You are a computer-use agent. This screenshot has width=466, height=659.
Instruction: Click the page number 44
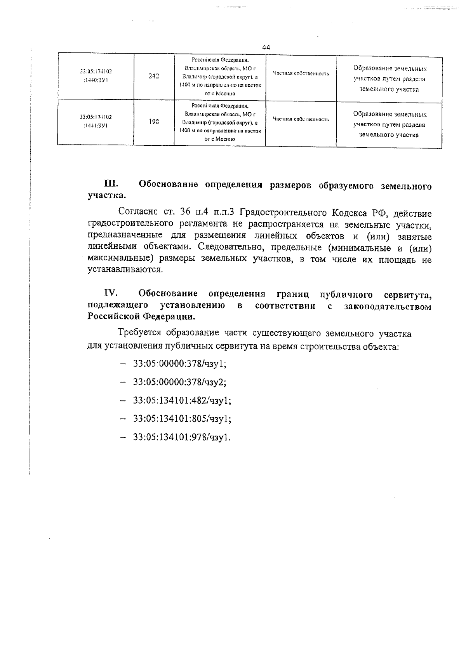pos(266,47)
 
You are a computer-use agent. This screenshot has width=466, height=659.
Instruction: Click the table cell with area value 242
pos(154,77)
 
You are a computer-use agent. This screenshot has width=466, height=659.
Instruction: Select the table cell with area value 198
pos(154,122)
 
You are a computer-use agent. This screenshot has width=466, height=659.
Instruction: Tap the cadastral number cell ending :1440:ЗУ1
pos(96,77)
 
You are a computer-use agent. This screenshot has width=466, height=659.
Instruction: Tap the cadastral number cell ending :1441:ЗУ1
pos(96,121)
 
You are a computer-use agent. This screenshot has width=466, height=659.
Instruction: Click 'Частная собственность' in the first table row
pos(301,73)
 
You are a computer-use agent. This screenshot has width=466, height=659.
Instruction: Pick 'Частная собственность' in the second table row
pos(301,119)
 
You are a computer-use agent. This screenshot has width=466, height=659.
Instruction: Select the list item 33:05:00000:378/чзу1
pos(179,364)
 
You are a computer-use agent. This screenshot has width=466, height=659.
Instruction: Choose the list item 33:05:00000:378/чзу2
pos(180,382)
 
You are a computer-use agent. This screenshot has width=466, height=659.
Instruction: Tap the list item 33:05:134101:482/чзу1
pos(182,401)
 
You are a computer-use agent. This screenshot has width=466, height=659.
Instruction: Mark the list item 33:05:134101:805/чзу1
pos(182,419)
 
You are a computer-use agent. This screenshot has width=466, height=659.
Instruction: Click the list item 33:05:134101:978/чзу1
pos(182,437)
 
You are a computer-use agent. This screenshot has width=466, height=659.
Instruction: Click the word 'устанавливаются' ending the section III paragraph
pos(124,270)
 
